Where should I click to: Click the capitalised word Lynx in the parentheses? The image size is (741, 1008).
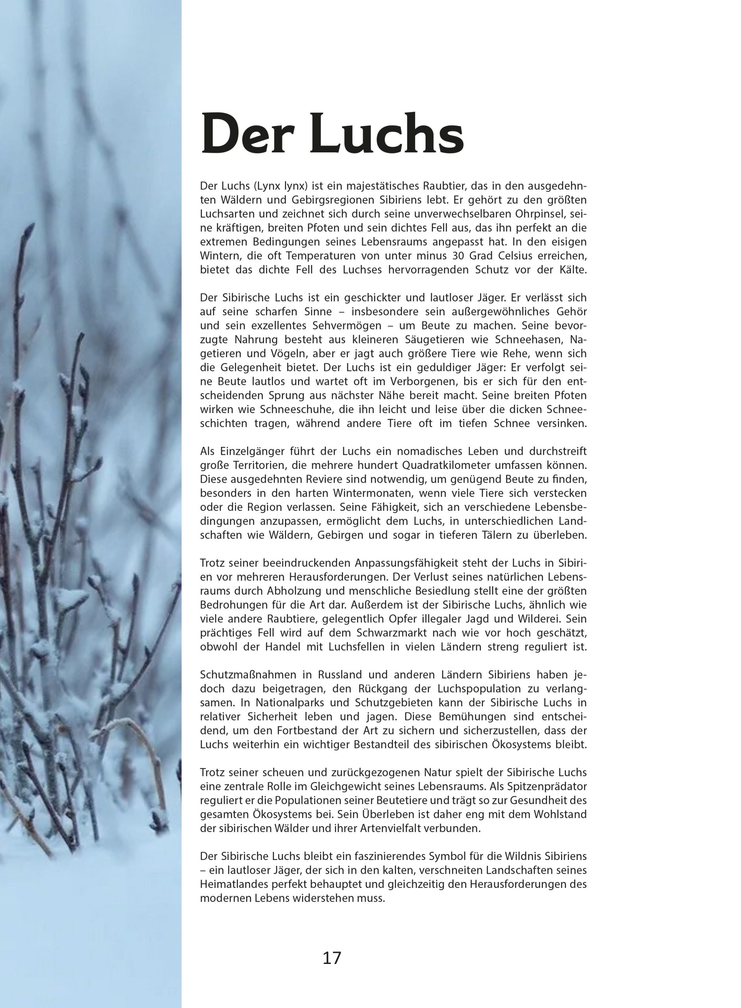click(x=264, y=185)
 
